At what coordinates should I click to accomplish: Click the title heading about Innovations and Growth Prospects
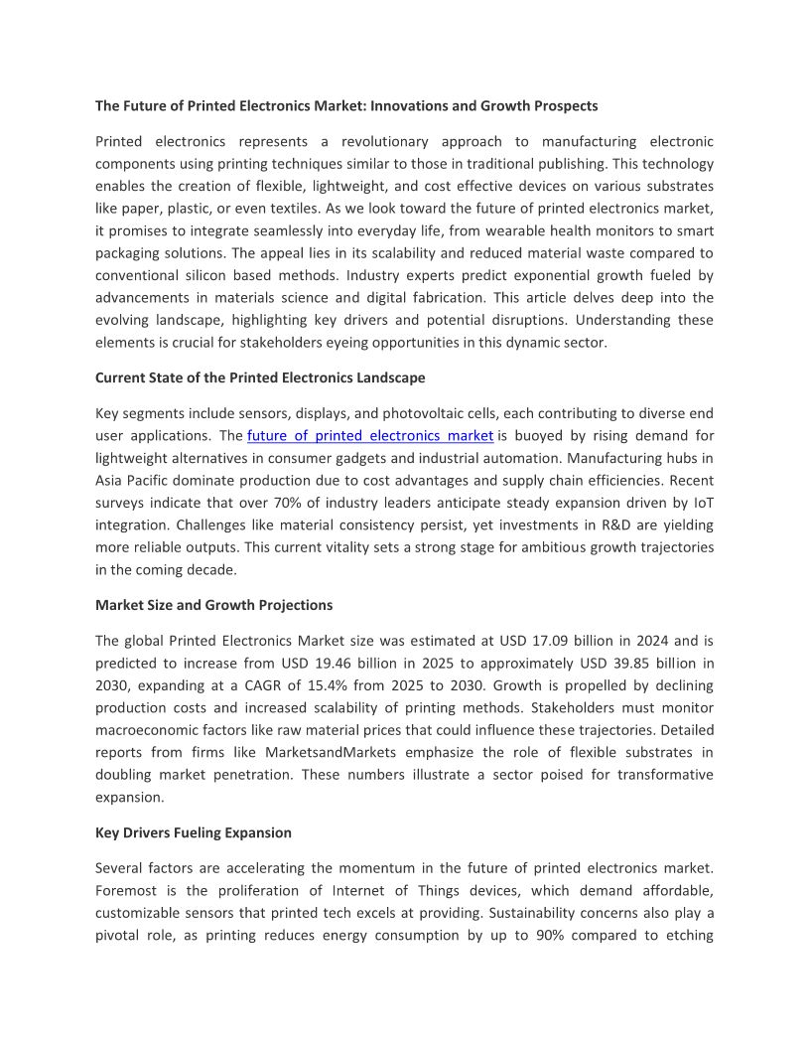pyautogui.click(x=346, y=105)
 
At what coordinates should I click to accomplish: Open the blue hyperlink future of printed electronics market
pyautogui.click(x=369, y=435)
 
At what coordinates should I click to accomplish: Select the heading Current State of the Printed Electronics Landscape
pyautogui.click(x=260, y=377)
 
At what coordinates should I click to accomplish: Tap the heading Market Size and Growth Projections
pyautogui.click(x=213, y=604)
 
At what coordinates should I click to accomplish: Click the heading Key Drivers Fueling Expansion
pyautogui.click(x=194, y=832)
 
